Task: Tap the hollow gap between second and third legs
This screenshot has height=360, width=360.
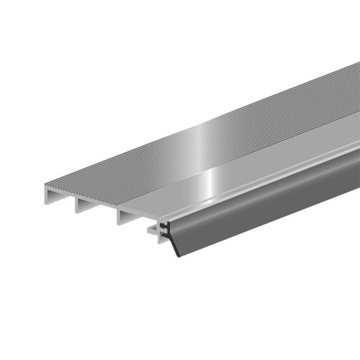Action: tap(102, 213)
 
